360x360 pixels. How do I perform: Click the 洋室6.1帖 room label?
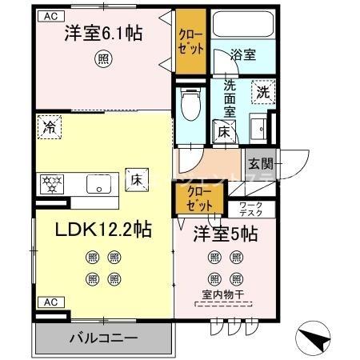click(x=103, y=34)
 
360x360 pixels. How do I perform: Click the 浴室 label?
click(x=242, y=54)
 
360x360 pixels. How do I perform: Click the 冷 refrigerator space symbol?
click(x=50, y=126)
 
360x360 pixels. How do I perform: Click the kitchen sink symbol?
click(x=102, y=185)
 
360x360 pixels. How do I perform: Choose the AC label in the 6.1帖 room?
click(x=50, y=15)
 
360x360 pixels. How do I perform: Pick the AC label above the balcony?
click(x=50, y=302)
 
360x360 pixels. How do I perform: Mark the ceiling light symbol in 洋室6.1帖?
click(x=103, y=58)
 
